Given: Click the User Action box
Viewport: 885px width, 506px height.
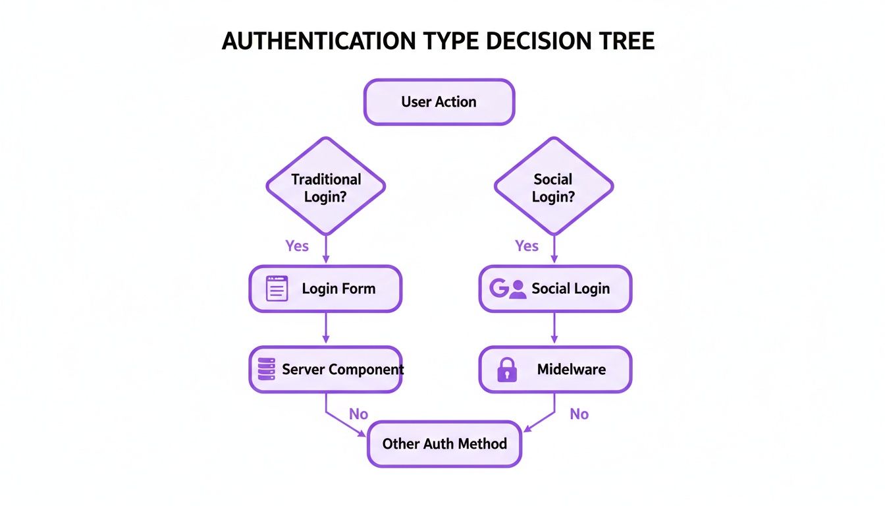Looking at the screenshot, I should (x=439, y=102).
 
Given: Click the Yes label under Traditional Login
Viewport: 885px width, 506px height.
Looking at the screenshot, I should (x=297, y=246).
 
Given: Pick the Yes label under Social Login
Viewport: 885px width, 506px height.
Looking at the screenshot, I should (x=527, y=246).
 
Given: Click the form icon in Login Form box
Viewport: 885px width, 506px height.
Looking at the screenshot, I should (x=277, y=289).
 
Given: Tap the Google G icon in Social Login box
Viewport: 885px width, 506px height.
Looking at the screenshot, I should (x=499, y=289).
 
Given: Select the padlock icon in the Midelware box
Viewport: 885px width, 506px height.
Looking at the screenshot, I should (x=506, y=370).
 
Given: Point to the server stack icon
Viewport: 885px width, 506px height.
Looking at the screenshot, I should (x=266, y=370).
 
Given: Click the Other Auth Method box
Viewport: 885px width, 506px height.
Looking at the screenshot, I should (x=444, y=443).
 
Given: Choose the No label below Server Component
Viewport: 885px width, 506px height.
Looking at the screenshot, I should (x=358, y=414).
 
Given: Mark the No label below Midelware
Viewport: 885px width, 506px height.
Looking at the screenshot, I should (x=579, y=414).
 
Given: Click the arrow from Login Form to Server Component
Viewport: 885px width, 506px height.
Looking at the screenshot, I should (x=326, y=328).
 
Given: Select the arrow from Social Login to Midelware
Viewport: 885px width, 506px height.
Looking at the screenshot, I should (x=554, y=328).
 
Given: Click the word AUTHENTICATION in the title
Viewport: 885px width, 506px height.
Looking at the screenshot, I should (x=319, y=41).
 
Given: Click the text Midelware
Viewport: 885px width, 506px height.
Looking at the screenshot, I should (x=572, y=370).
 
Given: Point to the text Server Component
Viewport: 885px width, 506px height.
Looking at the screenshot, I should (x=342, y=370).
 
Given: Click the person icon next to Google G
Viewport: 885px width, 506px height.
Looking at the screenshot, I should (x=518, y=289).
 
